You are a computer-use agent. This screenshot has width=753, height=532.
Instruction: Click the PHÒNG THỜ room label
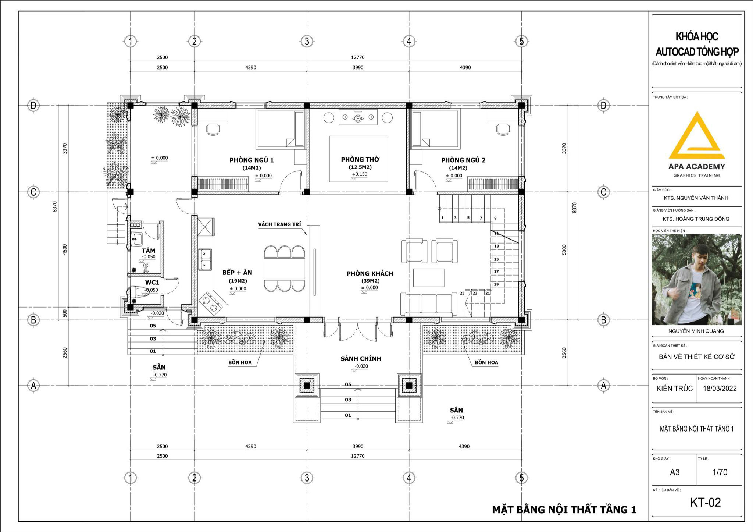coord(360,160)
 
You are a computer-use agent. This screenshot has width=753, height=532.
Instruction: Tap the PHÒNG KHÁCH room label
coord(370,273)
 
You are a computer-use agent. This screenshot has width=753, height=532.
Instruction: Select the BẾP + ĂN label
coord(237,273)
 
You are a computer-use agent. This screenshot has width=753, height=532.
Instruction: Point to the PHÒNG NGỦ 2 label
coord(463,160)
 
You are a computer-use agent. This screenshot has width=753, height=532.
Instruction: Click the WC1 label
coord(152,283)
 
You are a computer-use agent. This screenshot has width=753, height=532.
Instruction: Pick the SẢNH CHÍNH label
coord(361,359)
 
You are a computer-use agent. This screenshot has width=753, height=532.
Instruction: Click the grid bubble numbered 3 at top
coord(307,41)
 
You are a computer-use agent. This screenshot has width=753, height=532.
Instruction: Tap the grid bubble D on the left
coord(33,106)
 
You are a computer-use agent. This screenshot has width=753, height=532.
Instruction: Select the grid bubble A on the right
coord(603,386)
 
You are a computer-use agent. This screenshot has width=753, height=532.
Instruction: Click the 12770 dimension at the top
coord(358,57)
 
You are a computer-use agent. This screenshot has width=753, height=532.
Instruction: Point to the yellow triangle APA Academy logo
coord(696,136)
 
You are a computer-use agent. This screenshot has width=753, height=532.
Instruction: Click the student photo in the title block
coord(697,280)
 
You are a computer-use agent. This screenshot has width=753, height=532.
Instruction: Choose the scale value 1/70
coord(720,472)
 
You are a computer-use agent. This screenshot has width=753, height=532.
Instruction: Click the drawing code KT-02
coord(706,502)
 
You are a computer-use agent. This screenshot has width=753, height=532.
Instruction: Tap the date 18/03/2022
coord(720,389)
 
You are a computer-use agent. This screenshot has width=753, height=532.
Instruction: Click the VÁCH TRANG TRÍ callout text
coord(279,224)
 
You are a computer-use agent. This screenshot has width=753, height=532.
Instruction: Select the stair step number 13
coord(496,246)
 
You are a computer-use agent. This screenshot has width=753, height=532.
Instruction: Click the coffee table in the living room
coord(429,278)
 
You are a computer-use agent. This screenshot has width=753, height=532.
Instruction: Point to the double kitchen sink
coord(205,259)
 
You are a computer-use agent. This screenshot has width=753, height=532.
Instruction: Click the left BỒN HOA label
coord(240,362)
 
